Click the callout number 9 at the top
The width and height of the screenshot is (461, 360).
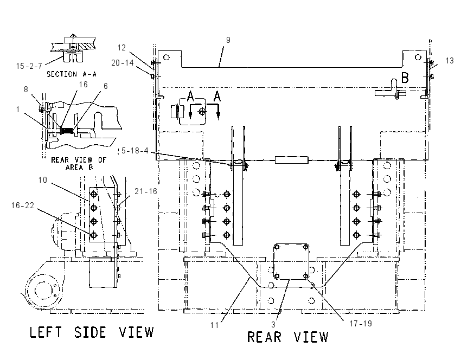pyautogui.click(x=228, y=40)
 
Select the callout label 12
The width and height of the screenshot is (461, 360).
pyautogui.click(x=121, y=48)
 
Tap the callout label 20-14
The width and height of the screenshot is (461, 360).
pyautogui.click(x=123, y=62)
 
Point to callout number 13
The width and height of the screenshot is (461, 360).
pyautogui.click(x=450, y=61)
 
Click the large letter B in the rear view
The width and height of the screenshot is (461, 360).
pyautogui.click(x=405, y=78)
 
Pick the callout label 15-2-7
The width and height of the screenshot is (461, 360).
pyautogui.click(x=29, y=66)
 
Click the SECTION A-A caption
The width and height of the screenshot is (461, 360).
pyautogui.click(x=72, y=74)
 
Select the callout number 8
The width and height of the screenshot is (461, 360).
pyautogui.click(x=26, y=89)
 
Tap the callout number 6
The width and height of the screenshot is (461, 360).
pyautogui.click(x=106, y=86)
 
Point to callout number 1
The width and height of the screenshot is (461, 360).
pyautogui.click(x=18, y=110)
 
